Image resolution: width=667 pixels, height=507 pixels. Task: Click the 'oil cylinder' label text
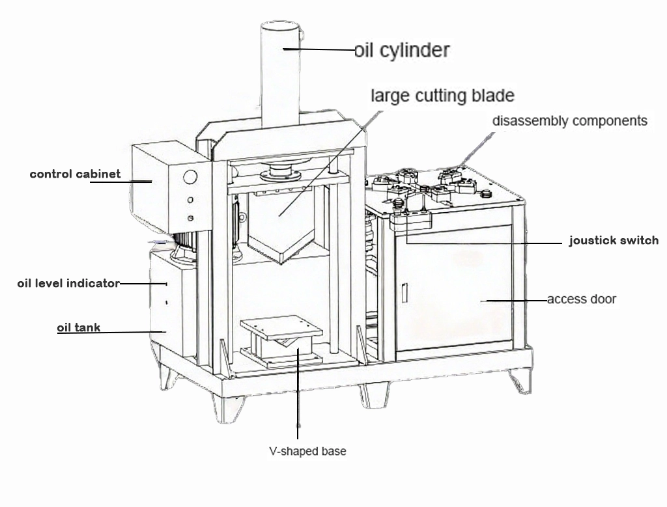click(402, 50)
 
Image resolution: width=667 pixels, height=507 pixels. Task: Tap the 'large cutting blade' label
click(442, 96)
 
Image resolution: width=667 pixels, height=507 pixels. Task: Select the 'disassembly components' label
click(569, 120)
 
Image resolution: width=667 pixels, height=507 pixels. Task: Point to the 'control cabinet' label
click(75, 174)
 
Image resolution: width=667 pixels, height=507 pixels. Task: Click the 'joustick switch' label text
click(614, 240)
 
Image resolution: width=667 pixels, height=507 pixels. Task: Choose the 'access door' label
click(581, 299)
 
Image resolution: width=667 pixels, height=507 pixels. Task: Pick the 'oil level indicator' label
click(68, 283)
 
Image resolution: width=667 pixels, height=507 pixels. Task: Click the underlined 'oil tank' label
click(79, 327)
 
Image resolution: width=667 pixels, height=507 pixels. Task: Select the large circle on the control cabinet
click(190, 177)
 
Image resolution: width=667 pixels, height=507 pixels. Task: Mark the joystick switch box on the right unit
click(411, 221)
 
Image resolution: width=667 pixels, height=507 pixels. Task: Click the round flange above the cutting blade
click(279, 173)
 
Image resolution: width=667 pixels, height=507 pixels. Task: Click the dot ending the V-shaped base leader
click(298, 426)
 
